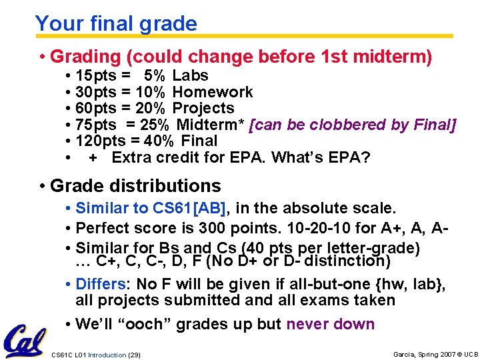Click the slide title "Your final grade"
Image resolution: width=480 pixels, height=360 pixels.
[x=116, y=24]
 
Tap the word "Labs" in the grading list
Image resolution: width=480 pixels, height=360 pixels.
[x=190, y=75]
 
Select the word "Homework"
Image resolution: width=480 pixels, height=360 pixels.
[x=213, y=92]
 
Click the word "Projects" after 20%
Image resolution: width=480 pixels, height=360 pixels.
[x=203, y=108]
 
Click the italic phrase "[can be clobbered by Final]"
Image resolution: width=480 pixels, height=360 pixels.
[x=352, y=125]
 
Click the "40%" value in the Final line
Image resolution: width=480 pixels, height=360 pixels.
[x=158, y=141]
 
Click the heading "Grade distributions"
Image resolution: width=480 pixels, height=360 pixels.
[x=135, y=185]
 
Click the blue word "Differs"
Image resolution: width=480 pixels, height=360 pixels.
[x=98, y=285]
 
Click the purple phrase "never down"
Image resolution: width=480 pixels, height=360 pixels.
[x=331, y=325]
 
